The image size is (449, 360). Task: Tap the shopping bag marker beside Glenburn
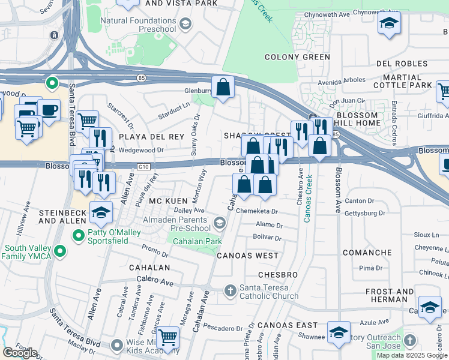[223, 88]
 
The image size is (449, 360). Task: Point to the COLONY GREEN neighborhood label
[297, 58]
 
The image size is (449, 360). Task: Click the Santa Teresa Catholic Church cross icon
[230, 292]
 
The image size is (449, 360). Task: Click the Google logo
[20, 353]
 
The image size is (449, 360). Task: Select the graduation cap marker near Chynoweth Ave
[389, 24]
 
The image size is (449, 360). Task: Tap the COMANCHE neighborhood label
[367, 253]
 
